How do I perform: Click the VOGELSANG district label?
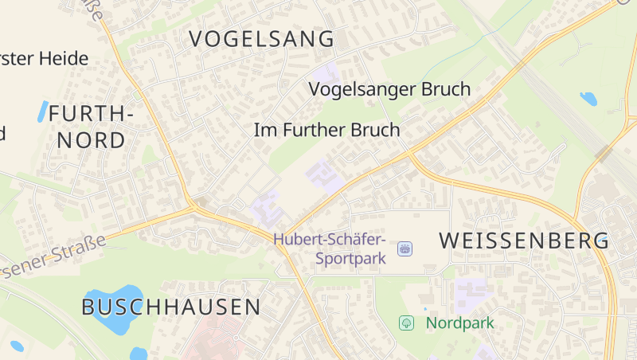point(262,38)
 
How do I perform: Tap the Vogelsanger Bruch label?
point(389,89)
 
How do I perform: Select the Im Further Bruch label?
point(326,130)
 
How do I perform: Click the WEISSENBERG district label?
point(524,240)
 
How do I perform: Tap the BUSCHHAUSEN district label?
point(171,307)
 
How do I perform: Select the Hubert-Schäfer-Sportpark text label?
point(330,248)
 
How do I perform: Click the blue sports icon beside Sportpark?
point(404,249)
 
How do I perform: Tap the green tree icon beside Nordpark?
point(406,323)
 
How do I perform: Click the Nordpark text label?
point(459,323)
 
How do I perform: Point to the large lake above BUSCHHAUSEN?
point(111,307)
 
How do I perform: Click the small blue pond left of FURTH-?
point(42,112)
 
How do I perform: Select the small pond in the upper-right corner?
point(588,100)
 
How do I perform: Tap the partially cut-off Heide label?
point(44,59)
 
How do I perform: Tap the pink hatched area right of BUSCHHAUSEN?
point(215,342)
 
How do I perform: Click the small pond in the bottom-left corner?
point(17,346)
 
